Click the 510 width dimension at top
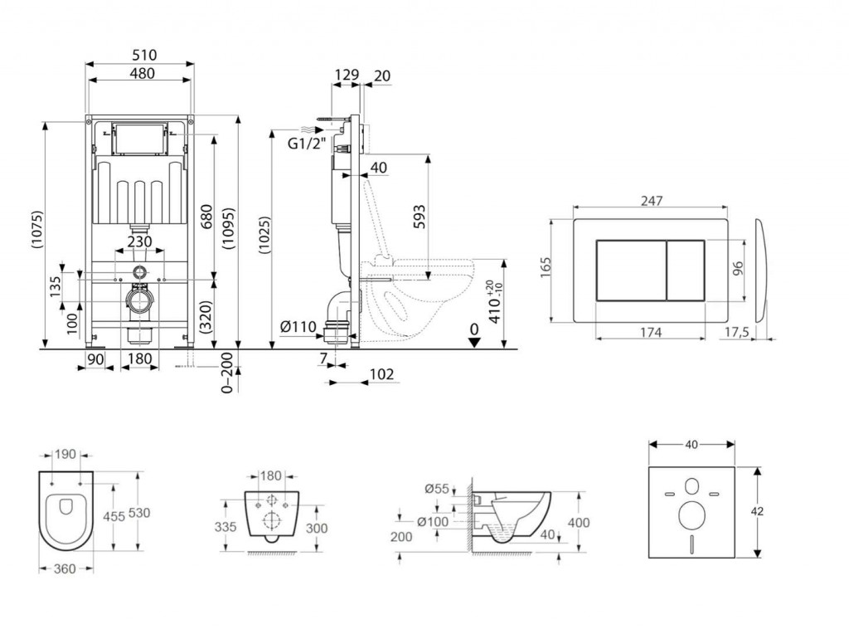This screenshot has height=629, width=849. [143, 56]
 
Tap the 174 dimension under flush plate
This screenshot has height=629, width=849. [650, 333]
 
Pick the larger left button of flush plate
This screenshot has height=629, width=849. [631, 270]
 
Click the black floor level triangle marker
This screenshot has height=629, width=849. [473, 343]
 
